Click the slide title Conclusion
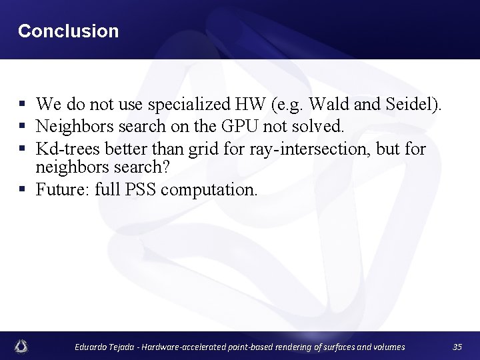click(68, 31)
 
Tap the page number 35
click(457, 347)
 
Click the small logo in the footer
click(22, 346)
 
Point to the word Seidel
click(413, 104)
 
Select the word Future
click(62, 189)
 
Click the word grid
click(203, 148)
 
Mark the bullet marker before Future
click(22, 189)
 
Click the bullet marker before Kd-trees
click(22, 148)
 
